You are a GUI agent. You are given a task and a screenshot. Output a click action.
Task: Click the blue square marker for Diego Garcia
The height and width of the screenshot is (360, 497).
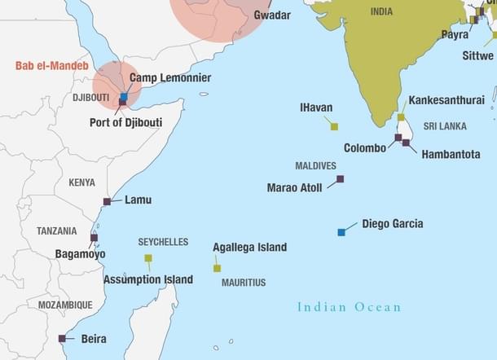pyautogui.click(x=341, y=232)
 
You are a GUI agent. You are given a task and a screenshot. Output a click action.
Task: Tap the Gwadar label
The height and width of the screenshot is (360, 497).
pyautogui.click(x=271, y=15)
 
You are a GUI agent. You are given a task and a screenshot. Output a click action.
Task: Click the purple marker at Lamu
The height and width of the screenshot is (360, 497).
pyautogui.click(x=107, y=201)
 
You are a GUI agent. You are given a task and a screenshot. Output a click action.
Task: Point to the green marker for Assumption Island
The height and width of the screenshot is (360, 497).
pyautogui.click(x=148, y=258)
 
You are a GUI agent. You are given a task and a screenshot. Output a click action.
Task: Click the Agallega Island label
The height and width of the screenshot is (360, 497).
pyautogui.click(x=249, y=247)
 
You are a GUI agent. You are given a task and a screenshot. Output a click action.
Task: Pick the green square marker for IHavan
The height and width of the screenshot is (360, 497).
pyautogui.click(x=334, y=126)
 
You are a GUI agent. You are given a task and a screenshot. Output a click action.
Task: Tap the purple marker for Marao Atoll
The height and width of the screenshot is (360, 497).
pyautogui.click(x=340, y=178)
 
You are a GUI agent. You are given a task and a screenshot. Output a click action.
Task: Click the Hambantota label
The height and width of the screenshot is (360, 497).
pyautogui.click(x=451, y=153)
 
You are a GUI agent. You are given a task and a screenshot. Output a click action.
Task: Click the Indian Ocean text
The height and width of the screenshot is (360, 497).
pyautogui.click(x=349, y=307)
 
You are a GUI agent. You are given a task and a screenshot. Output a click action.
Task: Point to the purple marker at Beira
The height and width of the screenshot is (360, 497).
pyautogui.click(x=62, y=338)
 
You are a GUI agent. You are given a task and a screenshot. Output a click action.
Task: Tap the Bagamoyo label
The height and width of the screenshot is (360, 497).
pyautogui.click(x=80, y=254)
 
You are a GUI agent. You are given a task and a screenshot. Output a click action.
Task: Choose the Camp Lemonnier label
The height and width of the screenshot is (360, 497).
pyautogui.click(x=170, y=78)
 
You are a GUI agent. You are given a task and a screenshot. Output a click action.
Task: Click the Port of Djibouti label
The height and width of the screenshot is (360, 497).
pyautogui.click(x=125, y=123)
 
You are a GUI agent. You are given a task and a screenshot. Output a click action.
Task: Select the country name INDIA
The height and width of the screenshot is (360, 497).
pyautogui.click(x=381, y=11)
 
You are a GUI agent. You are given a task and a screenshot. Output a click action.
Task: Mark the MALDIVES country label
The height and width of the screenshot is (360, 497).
pyautogui.click(x=315, y=165)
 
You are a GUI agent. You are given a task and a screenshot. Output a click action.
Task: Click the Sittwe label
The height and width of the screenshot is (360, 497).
pyautogui.click(x=477, y=56)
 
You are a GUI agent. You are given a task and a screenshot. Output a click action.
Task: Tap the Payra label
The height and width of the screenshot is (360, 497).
pyautogui.click(x=455, y=35)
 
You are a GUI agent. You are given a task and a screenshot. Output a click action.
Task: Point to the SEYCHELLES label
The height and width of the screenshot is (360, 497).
pyautogui.click(x=163, y=242)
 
